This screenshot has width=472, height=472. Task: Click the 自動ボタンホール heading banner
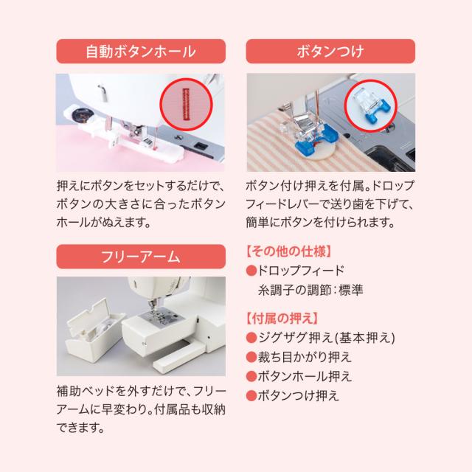point(141,51)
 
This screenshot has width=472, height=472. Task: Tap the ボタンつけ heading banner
point(330,51)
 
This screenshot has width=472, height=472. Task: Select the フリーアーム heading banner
point(141,257)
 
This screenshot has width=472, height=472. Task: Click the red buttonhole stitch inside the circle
point(186,104)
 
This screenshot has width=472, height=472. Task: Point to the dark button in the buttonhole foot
point(80,115)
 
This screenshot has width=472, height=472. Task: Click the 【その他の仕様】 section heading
point(289,251)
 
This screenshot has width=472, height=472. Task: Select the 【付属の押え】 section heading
point(282,318)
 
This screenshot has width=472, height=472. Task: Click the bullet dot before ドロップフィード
point(251,271)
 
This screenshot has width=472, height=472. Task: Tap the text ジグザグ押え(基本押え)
point(327,338)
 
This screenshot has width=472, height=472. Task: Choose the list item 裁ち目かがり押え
point(305,357)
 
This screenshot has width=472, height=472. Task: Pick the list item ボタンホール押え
point(305,376)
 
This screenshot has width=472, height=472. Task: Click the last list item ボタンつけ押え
point(298,395)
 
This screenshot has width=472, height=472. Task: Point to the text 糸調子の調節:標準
point(310,290)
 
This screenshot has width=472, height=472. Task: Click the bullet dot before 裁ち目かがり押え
point(251,357)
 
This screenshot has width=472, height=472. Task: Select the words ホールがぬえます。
point(103,223)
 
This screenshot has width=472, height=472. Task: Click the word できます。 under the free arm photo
point(80,428)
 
